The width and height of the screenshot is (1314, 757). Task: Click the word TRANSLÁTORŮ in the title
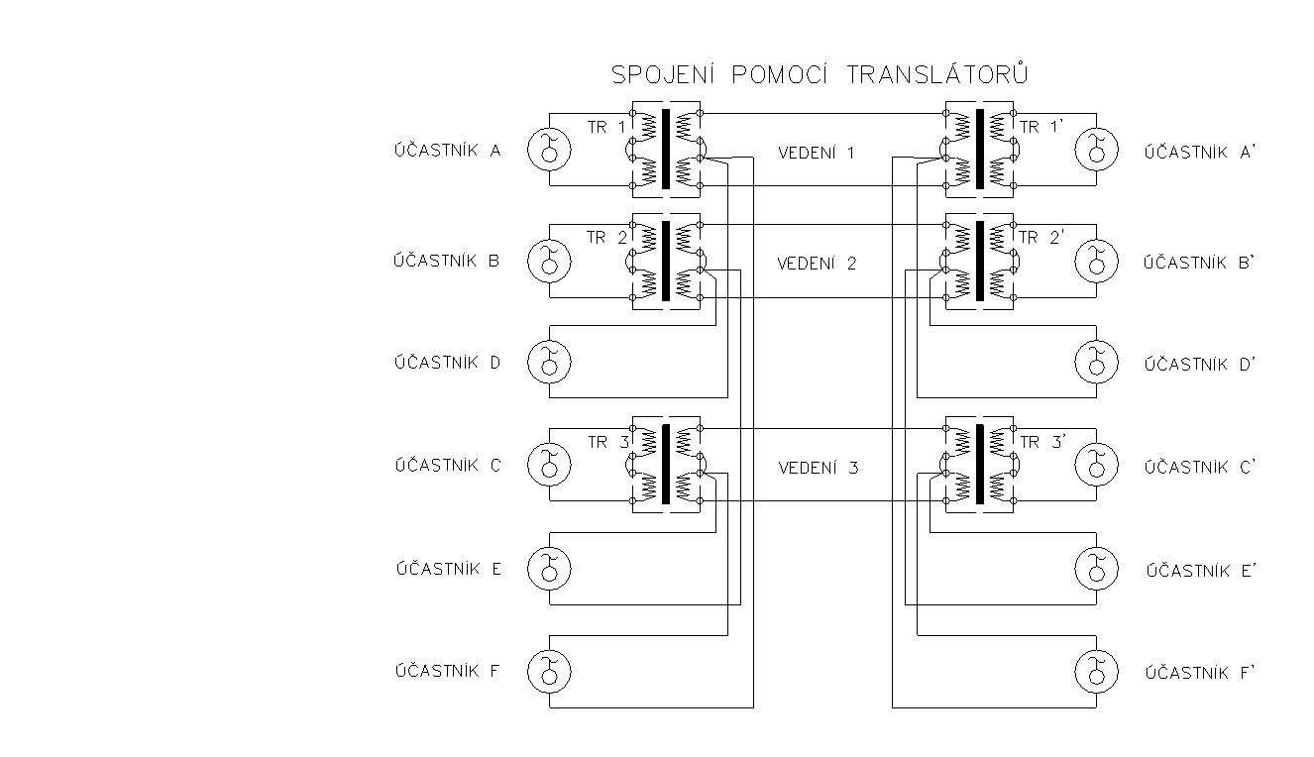coord(937,74)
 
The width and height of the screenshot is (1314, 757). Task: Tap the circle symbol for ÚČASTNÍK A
coord(549,150)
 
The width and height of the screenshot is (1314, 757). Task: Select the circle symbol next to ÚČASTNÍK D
coord(549,362)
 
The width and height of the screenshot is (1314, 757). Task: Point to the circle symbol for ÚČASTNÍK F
coord(549,672)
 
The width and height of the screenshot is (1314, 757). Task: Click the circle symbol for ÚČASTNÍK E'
coord(1096,569)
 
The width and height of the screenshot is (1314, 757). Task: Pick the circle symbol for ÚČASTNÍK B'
coord(1096,261)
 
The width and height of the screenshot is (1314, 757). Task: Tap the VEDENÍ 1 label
coord(816,153)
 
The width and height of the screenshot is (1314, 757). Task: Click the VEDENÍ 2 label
coord(817,264)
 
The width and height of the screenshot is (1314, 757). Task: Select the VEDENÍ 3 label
coord(819,468)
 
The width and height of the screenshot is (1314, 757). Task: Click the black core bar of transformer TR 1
coord(666,149)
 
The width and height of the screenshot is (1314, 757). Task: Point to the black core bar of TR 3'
coord(980,464)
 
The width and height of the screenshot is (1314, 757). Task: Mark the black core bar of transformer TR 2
coord(666,261)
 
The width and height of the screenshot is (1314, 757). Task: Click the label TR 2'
coord(1041,237)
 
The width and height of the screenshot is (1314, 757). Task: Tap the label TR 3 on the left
coord(608,442)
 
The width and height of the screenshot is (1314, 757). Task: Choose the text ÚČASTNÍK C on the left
coord(448,465)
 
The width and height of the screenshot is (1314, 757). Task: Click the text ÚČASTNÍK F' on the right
coord(1200,672)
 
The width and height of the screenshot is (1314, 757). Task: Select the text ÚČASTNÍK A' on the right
coord(1200,152)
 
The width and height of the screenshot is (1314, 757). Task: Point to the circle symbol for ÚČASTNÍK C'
coord(1096,465)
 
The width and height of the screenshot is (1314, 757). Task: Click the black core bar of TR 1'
coord(980,149)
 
